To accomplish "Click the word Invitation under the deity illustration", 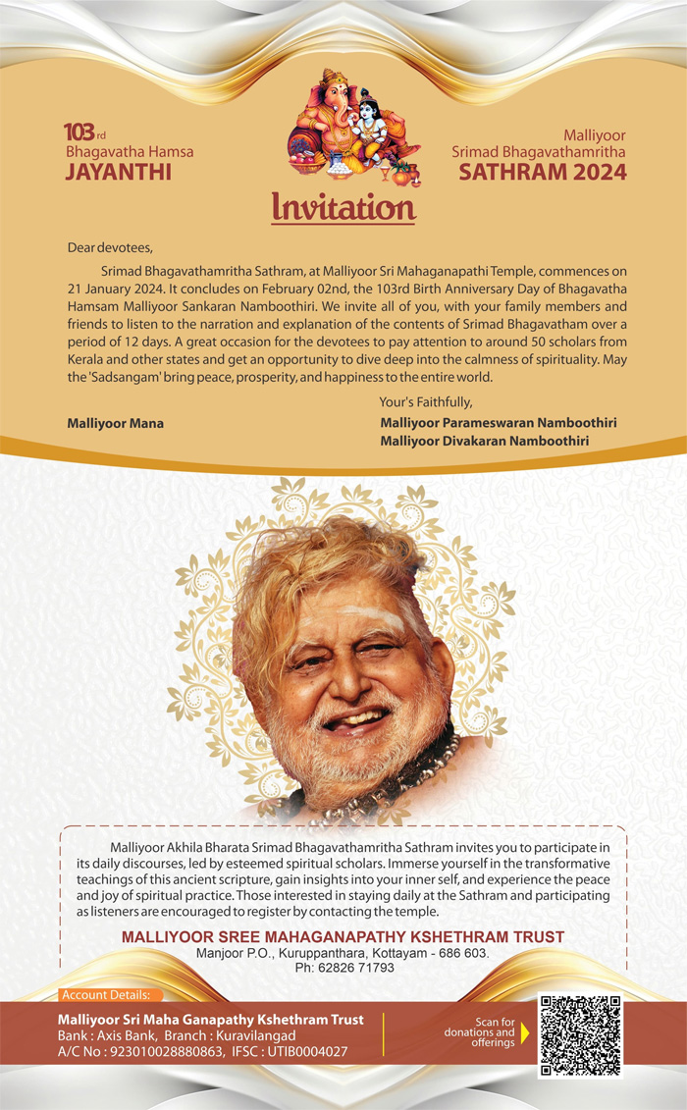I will point(343,207).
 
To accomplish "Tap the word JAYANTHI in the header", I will point(118,172).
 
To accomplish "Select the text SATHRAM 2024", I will point(543,172).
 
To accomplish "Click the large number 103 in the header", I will point(79,132).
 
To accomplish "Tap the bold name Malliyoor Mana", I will point(115,423).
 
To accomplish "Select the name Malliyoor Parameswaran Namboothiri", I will point(498,422).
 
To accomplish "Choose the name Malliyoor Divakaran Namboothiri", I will point(484,441).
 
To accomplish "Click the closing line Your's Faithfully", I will point(426,402).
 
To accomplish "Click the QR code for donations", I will point(581,1035).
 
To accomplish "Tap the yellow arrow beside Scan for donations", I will point(524,1031).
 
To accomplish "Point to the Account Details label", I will point(105,995).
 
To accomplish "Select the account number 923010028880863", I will point(168,1052).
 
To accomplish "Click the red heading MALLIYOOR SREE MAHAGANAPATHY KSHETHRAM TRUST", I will point(343,937).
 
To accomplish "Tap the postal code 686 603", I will point(460,953).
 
